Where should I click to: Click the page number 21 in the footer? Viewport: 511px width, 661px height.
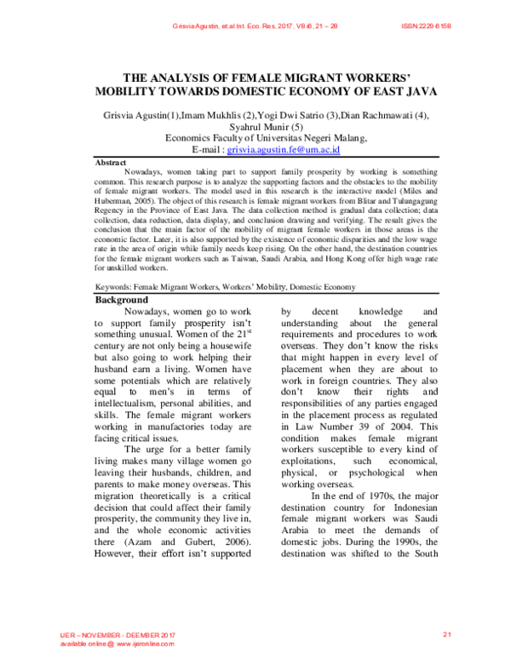[x=446, y=635]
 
